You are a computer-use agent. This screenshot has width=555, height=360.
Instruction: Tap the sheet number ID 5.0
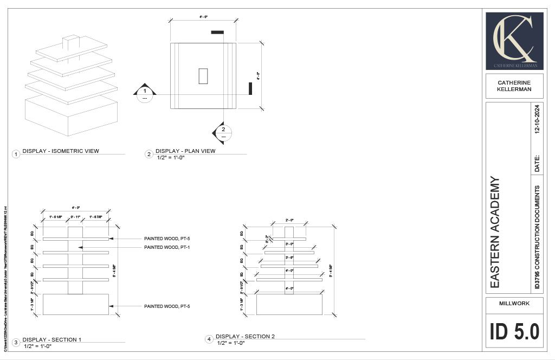[x=514, y=331]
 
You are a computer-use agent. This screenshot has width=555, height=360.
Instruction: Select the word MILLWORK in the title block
[x=514, y=304]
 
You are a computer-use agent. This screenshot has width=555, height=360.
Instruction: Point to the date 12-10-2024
[x=537, y=119]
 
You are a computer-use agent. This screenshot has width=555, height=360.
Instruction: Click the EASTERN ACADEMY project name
[x=494, y=232]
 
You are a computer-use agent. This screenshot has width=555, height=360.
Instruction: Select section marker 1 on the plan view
[x=145, y=94]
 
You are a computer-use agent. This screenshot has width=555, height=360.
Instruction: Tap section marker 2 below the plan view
[x=223, y=132]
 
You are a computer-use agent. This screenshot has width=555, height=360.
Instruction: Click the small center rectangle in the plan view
[x=203, y=76]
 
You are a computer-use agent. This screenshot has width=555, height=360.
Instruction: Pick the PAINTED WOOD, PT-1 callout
[x=167, y=247]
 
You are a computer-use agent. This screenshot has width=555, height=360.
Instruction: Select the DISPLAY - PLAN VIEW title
[x=185, y=151]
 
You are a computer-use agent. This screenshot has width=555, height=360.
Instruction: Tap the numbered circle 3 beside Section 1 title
[x=16, y=343]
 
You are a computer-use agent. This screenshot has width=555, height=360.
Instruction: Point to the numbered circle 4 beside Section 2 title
[x=209, y=339]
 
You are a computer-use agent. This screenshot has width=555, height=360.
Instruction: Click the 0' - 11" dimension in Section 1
[x=75, y=217]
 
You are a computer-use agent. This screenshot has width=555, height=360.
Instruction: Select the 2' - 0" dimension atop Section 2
[x=289, y=221]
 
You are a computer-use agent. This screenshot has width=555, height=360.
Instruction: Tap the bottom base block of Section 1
[x=75, y=304]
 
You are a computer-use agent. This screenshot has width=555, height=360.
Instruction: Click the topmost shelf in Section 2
[x=289, y=239]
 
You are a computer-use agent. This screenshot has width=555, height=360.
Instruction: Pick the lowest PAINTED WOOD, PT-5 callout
[x=167, y=307]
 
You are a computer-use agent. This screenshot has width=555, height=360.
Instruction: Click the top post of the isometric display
[x=71, y=42]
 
